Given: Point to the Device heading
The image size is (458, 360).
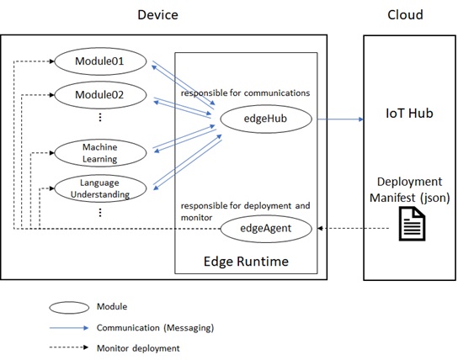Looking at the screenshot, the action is [x=157, y=15].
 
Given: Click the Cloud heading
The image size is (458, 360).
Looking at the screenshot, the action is [x=405, y=15].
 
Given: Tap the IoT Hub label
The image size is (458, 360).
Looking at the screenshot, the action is [x=409, y=114].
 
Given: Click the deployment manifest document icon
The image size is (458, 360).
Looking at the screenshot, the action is [x=412, y=224].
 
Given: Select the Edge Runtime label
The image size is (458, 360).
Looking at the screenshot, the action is [x=246, y=261].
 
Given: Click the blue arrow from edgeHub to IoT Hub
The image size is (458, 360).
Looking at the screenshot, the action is [x=340, y=119].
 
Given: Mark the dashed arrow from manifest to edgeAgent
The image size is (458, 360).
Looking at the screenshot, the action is [x=354, y=228].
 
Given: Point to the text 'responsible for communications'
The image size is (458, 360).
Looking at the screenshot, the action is [x=245, y=93].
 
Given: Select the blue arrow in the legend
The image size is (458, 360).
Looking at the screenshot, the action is [x=69, y=328].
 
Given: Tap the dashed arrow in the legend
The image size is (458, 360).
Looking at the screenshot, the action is [x=69, y=347].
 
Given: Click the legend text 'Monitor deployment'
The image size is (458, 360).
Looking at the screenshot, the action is [x=138, y=348].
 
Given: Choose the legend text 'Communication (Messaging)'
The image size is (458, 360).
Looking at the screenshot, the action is [x=156, y=328].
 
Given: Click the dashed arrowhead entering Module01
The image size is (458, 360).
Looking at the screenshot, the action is [x=52, y=61].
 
